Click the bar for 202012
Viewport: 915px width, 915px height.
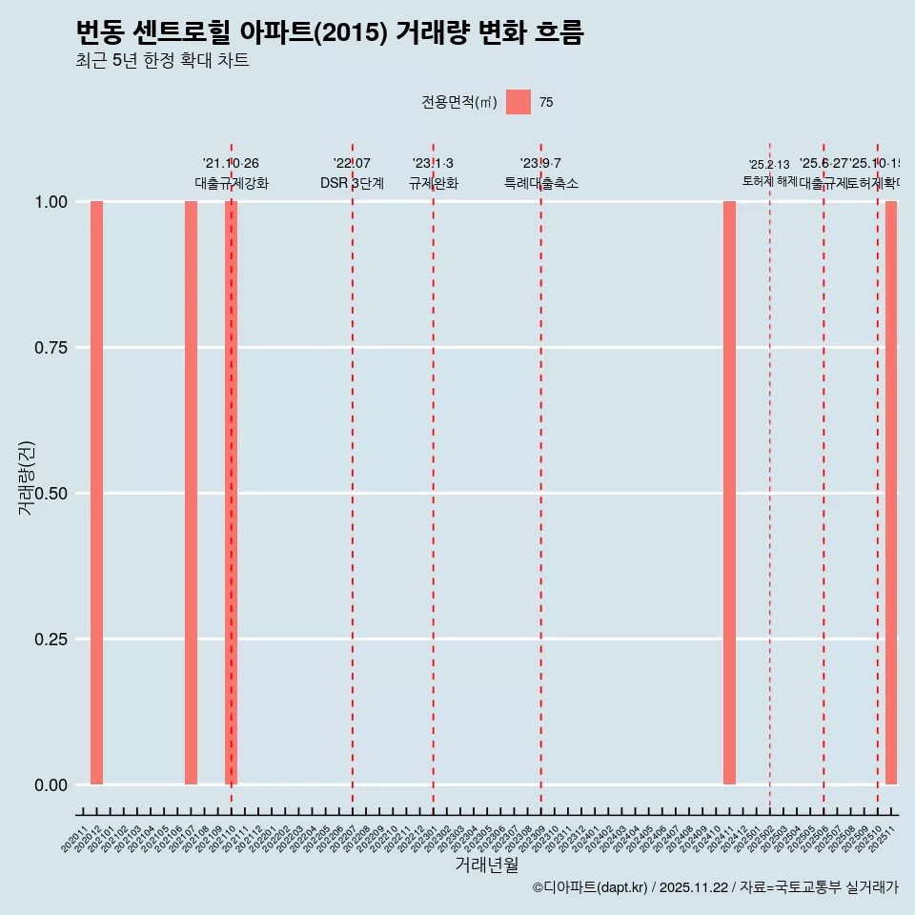tap(96, 493)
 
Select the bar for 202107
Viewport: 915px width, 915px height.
tap(191, 493)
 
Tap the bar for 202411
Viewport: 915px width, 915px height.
tap(729, 493)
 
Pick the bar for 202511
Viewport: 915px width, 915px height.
tap(891, 493)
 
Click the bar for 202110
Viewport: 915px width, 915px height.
tap(231, 493)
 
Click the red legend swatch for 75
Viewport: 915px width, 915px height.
tap(518, 102)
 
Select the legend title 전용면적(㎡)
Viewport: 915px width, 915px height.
tap(459, 103)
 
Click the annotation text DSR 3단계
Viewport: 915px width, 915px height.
tap(352, 183)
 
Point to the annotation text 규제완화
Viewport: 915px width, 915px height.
tap(434, 183)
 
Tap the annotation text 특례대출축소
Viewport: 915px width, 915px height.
tap(541, 183)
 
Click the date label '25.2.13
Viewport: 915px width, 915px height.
tap(768, 165)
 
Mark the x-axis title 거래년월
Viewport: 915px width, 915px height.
tap(486, 864)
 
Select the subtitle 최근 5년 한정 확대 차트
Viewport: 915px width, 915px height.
tap(162, 61)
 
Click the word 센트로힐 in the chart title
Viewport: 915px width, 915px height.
tap(172, 32)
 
